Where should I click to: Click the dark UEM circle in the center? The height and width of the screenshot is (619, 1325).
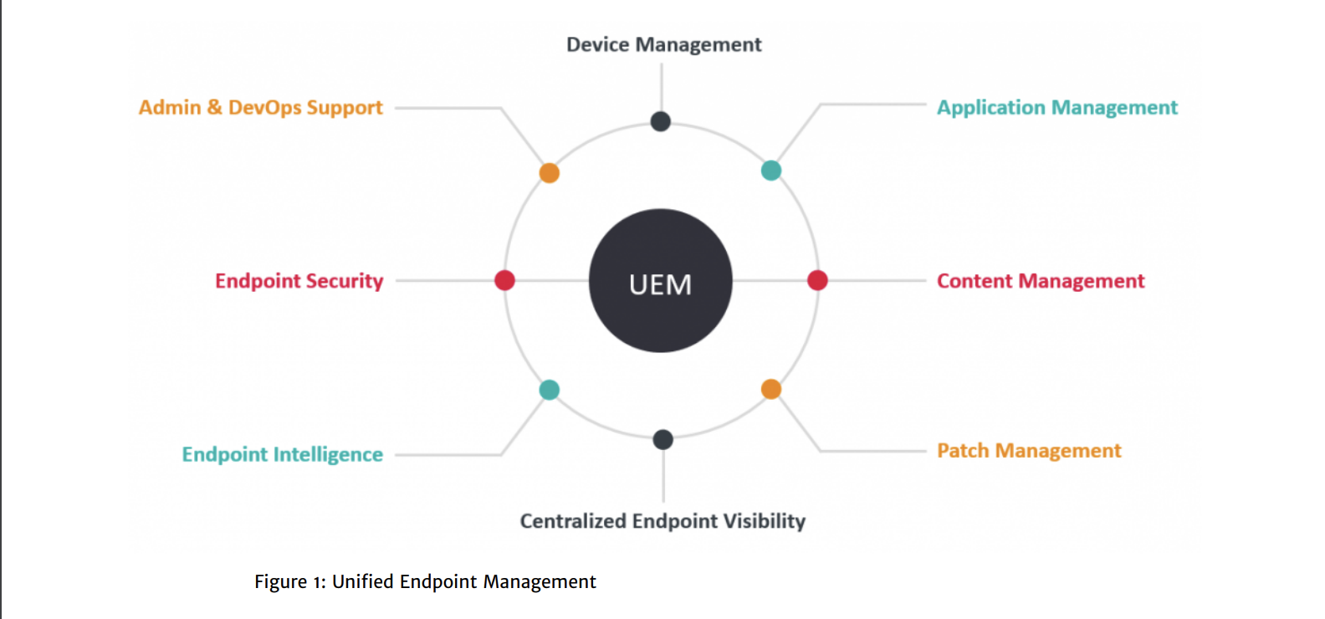660,280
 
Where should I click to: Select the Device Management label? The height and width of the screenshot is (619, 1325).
663,45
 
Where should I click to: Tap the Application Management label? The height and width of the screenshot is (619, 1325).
1057,108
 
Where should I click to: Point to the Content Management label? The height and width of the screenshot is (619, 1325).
1041,281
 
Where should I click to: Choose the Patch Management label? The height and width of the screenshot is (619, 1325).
1029,451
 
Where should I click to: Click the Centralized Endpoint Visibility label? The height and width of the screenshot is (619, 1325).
662,521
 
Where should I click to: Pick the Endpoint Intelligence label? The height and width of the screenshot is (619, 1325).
282,454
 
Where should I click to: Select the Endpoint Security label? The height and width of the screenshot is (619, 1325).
299,281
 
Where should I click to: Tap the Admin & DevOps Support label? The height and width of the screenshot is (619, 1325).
261,108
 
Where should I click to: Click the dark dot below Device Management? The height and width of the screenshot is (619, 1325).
660,121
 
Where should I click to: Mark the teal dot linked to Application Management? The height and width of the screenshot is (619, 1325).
770,171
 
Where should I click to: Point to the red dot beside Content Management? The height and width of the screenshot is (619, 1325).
817,280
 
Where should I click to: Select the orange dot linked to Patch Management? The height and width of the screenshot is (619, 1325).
770,389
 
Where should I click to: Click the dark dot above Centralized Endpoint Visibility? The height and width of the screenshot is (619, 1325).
662,440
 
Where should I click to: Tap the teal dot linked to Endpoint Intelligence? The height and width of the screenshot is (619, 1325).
549,390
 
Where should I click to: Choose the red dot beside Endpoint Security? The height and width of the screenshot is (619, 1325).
504,280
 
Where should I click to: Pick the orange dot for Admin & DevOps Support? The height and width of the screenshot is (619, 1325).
549,173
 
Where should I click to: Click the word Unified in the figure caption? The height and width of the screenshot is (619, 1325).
362,581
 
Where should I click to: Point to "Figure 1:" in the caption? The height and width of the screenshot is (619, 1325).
289,582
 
